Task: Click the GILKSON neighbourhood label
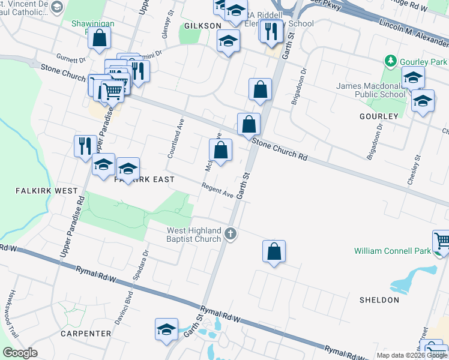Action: click(x=203, y=26)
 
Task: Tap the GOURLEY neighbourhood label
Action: click(x=379, y=116)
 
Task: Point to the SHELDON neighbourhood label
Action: click(x=379, y=300)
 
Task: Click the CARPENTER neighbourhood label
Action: click(x=85, y=334)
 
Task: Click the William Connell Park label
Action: click(x=392, y=251)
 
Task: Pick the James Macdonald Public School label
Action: click(x=370, y=90)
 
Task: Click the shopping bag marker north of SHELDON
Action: click(x=274, y=252)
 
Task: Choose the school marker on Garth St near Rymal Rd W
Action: click(x=166, y=329)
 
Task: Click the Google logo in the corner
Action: click(x=20, y=352)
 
